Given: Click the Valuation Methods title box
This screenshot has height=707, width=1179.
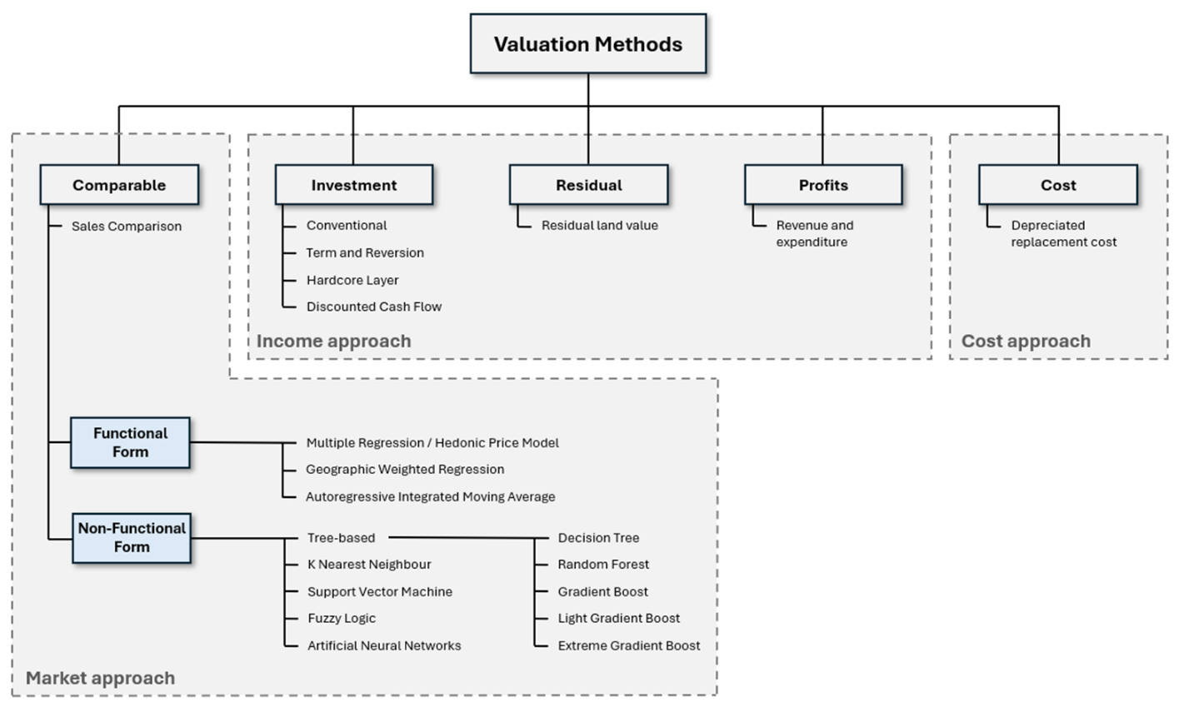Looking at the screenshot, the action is (588, 43).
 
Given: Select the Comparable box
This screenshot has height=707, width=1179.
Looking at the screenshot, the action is (119, 185).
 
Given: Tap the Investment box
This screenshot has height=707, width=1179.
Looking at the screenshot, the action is (354, 185).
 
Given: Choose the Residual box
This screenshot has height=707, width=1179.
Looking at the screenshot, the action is (589, 185).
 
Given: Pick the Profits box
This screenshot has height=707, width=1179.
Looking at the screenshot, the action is (824, 185).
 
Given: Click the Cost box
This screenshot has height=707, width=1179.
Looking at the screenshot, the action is (1058, 185).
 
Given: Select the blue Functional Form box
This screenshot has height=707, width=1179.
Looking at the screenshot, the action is (131, 442).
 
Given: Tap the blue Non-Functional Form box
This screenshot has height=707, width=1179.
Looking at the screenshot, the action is (132, 538).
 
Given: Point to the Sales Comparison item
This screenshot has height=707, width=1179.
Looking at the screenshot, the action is (127, 227).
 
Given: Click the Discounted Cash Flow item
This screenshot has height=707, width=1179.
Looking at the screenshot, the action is (374, 306).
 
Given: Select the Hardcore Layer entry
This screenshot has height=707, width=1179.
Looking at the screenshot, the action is (352, 280).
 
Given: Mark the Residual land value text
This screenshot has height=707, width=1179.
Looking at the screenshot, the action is (600, 225).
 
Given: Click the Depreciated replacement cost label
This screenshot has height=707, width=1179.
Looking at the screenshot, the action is (1063, 233).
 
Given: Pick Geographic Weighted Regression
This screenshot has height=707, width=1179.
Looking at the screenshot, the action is (405, 469).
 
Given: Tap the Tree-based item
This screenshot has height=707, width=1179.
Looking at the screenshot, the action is (341, 538).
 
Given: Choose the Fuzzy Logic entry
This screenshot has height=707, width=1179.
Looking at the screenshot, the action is (342, 618).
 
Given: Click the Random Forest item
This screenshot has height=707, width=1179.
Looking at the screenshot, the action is (603, 565).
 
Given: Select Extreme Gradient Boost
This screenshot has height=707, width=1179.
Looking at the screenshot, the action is (629, 645).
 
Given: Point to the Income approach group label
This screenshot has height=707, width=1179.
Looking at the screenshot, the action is (333, 341).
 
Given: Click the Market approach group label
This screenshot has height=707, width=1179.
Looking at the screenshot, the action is (101, 678).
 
